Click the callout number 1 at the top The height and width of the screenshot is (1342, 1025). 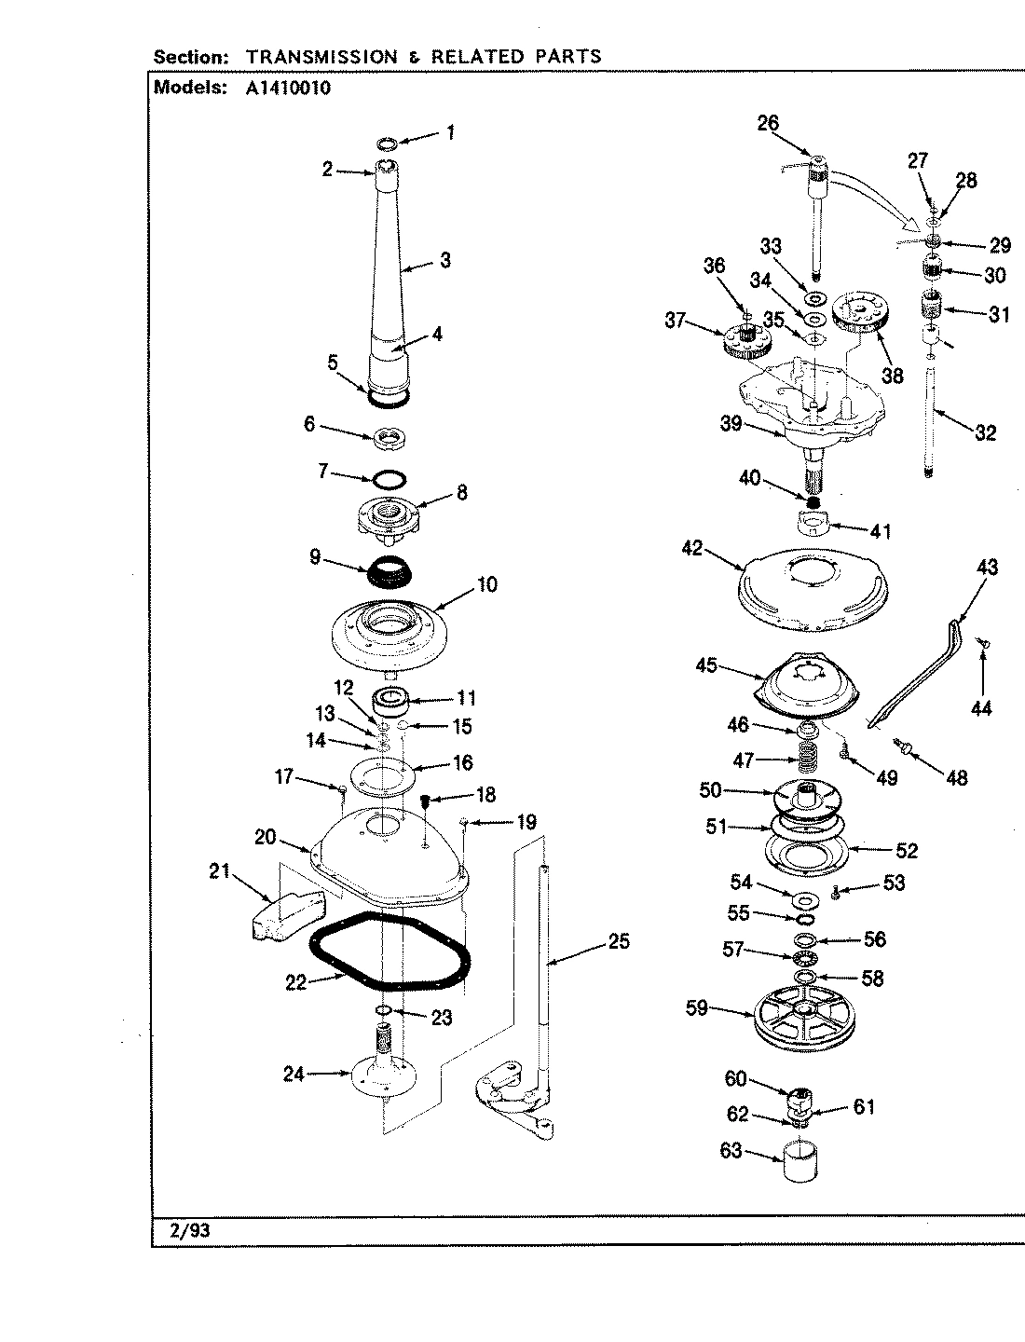point(450,132)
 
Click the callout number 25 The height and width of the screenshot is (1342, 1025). point(619,942)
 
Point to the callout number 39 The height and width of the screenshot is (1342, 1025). point(731,424)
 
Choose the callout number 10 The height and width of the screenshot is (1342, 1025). point(486,584)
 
